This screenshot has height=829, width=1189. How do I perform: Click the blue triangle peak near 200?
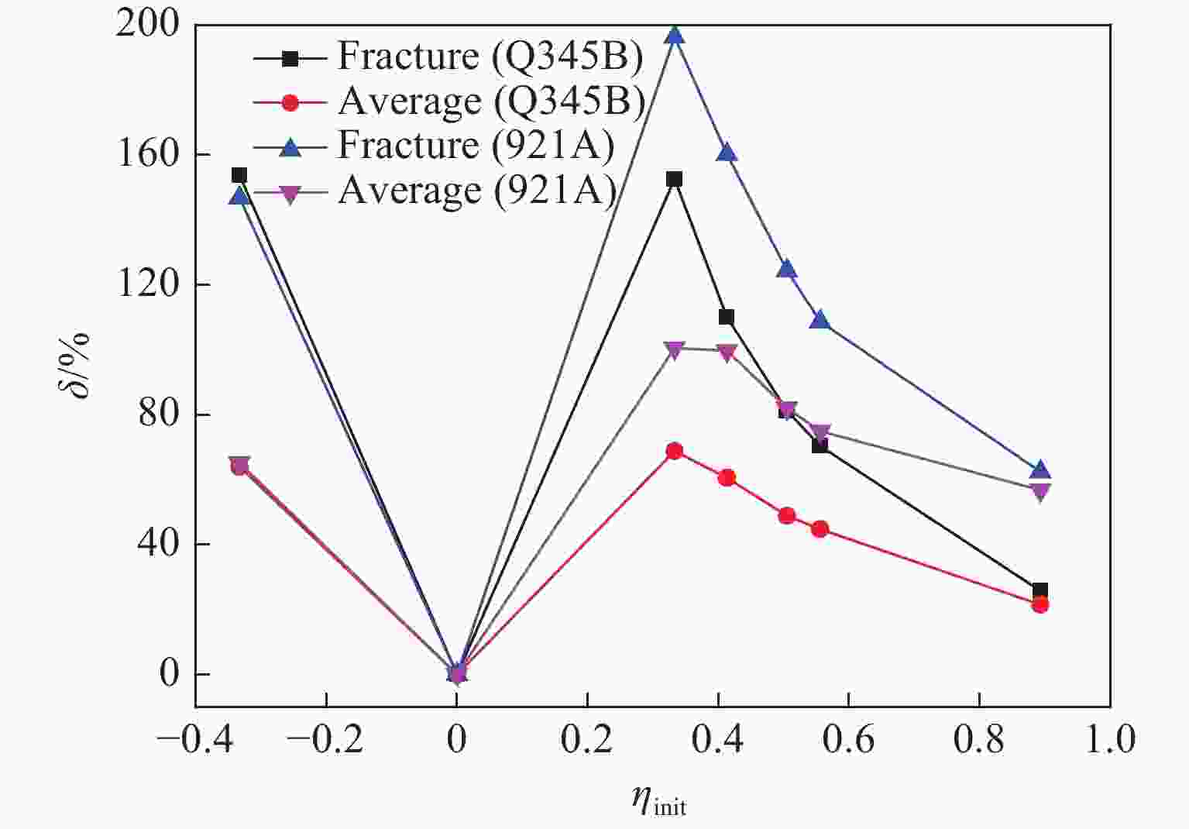click(x=675, y=35)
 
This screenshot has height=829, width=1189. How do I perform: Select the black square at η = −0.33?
click(x=239, y=175)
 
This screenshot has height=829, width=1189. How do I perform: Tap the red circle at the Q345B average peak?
click(x=675, y=451)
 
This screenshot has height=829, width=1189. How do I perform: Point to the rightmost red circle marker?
click(x=1040, y=604)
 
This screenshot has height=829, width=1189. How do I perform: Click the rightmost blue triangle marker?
click(x=1040, y=470)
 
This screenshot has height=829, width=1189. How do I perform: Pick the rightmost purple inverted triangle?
click(x=1040, y=491)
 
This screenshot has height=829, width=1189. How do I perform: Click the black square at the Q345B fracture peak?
click(x=675, y=180)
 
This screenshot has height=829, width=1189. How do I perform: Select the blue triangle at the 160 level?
click(x=727, y=153)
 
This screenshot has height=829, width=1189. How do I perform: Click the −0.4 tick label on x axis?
click(x=194, y=739)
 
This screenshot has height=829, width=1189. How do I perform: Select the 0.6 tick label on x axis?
click(x=848, y=739)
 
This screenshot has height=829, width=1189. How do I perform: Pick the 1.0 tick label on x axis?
click(x=1110, y=739)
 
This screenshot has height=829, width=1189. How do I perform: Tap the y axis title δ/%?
click(x=74, y=364)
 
